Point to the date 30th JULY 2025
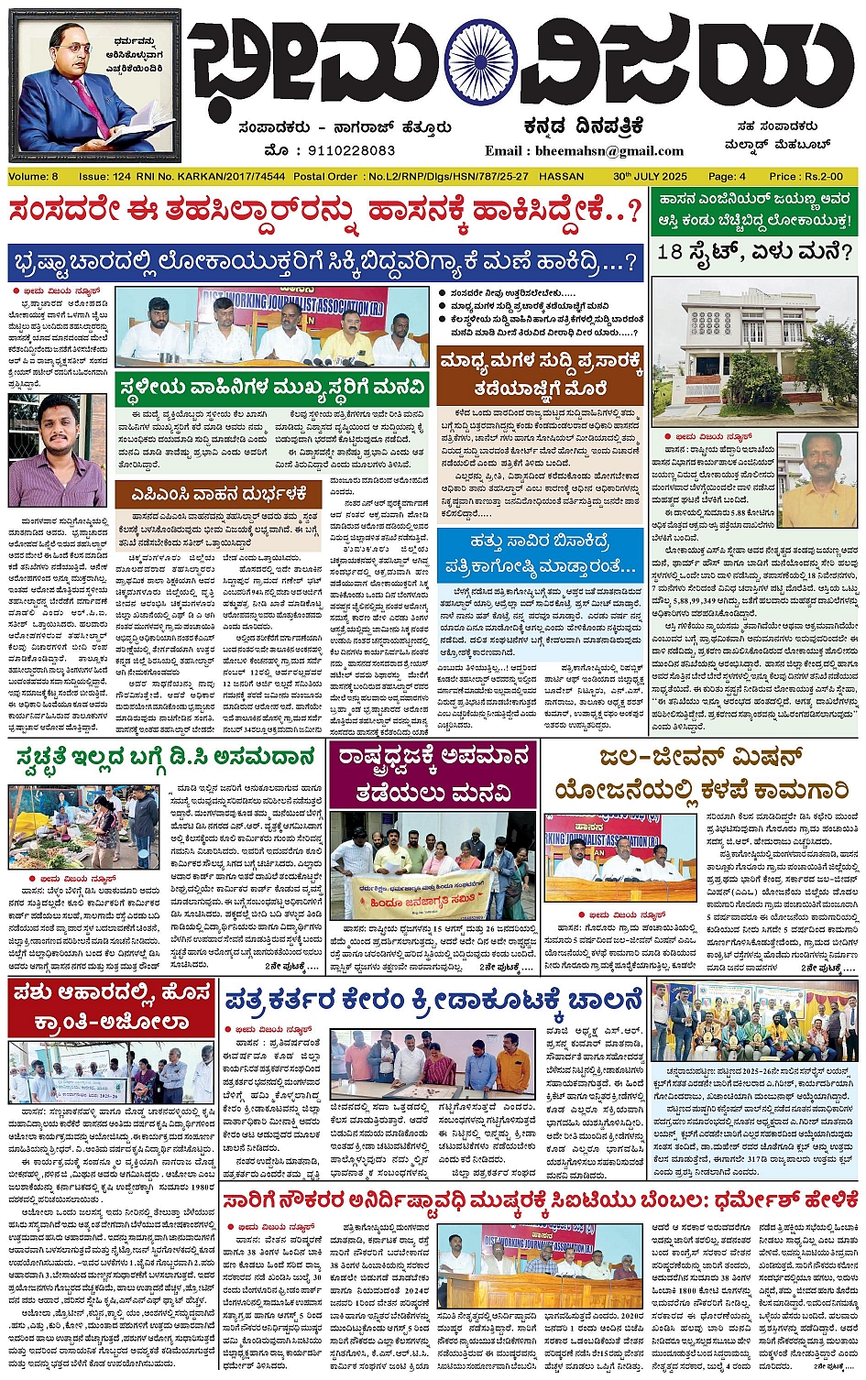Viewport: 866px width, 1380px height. click(x=650, y=176)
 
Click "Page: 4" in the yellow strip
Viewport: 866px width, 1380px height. click(x=727, y=176)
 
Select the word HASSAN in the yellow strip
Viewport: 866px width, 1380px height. click(x=562, y=176)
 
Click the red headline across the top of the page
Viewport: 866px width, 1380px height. click(x=325, y=212)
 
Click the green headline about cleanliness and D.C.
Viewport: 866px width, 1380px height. click(x=163, y=758)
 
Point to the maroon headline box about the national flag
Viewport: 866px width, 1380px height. click(x=433, y=774)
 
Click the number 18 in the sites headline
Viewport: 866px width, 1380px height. click(x=672, y=252)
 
